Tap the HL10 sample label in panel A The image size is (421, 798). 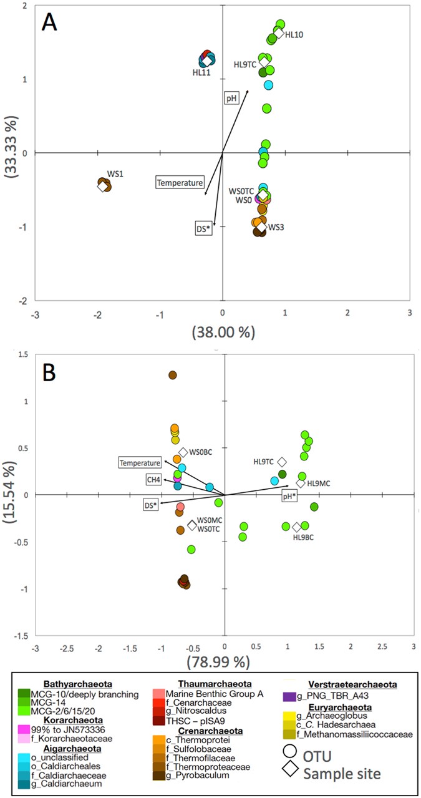point(294,36)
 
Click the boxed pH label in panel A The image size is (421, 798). point(232,98)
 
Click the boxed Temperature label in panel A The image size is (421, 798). point(180,183)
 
